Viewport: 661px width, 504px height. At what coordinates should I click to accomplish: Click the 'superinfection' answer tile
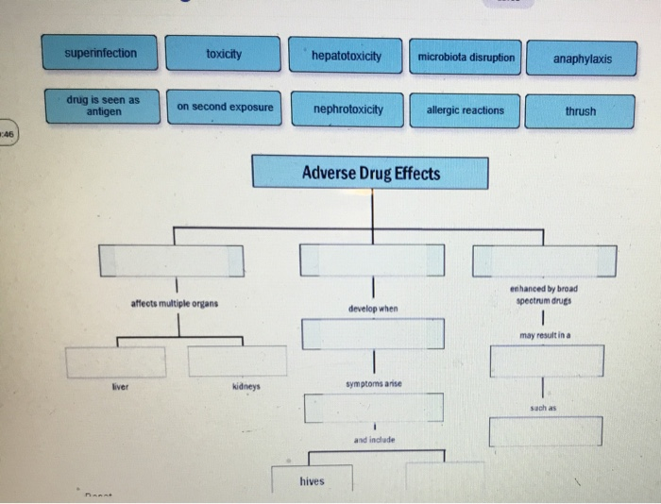[x=101, y=54]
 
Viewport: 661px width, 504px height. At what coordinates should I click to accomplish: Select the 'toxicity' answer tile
[x=223, y=54]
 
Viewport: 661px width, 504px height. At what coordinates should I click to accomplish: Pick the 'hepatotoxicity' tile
[x=346, y=57]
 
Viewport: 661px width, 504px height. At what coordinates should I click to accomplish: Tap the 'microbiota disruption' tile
[x=466, y=58]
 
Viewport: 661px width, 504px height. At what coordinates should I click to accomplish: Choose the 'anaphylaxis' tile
[x=582, y=59]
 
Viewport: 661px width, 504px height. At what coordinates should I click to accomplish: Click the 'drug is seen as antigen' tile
[x=101, y=105]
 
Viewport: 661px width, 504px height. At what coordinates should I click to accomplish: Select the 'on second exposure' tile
[x=225, y=107]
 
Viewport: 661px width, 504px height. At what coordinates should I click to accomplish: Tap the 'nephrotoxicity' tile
[x=347, y=109]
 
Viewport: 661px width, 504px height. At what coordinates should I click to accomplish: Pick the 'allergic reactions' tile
[x=466, y=110]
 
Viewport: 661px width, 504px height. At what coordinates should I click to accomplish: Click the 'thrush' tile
[x=581, y=111]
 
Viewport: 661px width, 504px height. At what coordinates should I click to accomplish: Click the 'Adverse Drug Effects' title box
[x=370, y=174]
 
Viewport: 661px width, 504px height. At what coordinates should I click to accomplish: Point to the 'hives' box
[x=312, y=479]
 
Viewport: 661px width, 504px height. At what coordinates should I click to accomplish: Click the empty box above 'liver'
[x=115, y=361]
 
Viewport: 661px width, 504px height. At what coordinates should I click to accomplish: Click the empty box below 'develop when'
[x=372, y=333]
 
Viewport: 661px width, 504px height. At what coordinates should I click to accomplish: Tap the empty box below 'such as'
[x=545, y=431]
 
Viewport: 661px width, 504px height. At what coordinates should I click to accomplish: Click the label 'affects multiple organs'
[x=174, y=303]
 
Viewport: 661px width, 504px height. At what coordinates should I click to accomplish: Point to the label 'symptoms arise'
[x=374, y=384]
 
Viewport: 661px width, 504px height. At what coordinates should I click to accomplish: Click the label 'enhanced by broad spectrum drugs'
[x=543, y=294]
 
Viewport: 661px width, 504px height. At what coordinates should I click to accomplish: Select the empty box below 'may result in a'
[x=546, y=361]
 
